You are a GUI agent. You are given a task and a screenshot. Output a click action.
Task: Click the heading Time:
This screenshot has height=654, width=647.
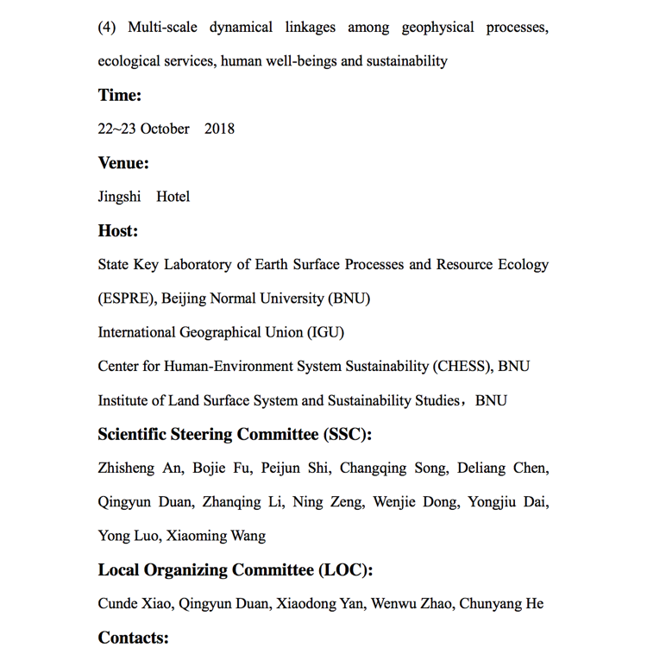119,95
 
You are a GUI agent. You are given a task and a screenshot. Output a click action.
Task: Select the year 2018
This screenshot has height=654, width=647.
219,129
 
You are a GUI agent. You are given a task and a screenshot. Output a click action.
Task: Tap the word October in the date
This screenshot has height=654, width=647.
165,129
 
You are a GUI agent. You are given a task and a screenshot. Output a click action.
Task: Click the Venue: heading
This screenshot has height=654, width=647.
123,163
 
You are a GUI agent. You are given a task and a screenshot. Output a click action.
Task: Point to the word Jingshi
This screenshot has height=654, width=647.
119,197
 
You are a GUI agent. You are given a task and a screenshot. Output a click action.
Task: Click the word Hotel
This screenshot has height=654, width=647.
173,197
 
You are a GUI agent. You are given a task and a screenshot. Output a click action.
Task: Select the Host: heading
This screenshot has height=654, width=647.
117,230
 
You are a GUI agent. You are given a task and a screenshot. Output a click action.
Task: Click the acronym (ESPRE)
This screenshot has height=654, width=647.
127,299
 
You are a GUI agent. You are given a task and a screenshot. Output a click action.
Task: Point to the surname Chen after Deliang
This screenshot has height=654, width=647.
530,468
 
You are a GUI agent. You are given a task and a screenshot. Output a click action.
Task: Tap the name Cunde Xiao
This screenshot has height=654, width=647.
136,604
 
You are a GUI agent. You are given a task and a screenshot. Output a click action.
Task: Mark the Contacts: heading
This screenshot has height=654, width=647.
133,638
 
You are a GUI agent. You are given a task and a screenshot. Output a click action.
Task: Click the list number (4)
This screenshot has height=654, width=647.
107,27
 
